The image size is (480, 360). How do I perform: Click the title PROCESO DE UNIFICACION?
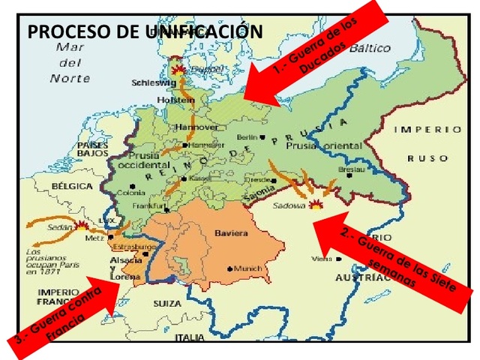point(145,32)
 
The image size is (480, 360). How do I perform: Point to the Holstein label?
point(181,98)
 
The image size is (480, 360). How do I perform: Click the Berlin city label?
point(248,136)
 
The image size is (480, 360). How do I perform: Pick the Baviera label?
point(231,233)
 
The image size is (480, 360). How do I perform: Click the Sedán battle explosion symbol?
point(82,223)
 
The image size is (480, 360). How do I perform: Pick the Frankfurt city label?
point(148,205)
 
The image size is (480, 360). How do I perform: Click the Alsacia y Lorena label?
point(123,268)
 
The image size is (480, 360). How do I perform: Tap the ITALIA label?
point(189,338)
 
